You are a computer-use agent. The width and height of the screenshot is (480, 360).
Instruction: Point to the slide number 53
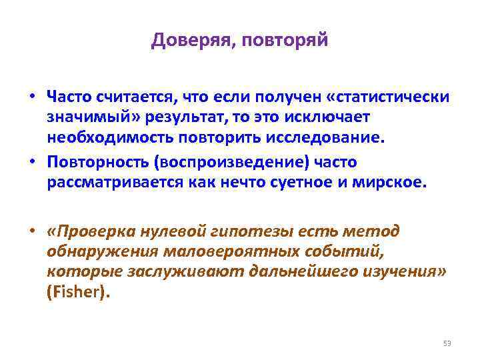(447, 343)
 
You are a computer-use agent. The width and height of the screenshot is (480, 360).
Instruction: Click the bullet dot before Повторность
(31, 162)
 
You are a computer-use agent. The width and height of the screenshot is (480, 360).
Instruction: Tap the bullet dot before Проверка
(31, 231)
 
